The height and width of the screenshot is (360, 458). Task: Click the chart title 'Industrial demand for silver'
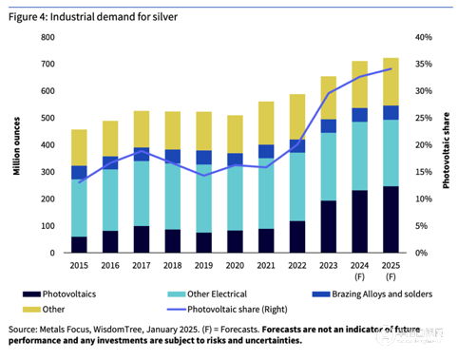point(114,17)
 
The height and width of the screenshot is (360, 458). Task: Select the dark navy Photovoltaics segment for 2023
point(329,227)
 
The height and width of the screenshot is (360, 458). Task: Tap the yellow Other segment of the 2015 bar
point(79,147)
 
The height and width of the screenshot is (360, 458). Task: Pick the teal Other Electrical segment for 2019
point(203,199)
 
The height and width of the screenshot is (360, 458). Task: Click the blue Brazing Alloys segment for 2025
point(391,113)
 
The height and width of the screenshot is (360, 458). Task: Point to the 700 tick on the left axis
point(48,64)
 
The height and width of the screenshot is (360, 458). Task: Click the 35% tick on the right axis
point(424,64)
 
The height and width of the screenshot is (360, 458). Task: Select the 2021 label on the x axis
point(266,265)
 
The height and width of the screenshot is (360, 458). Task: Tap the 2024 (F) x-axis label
point(359,271)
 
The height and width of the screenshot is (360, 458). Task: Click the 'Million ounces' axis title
point(16,146)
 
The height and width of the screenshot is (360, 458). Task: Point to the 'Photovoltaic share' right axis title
point(446,150)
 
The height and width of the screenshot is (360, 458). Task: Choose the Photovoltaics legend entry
point(59,294)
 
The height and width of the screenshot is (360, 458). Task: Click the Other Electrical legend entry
point(207,294)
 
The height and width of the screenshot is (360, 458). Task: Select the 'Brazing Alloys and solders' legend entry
point(372,294)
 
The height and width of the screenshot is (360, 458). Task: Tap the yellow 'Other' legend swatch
point(31,310)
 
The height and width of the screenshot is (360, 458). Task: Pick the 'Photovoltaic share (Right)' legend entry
point(227,310)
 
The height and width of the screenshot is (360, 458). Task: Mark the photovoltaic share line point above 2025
point(391,68)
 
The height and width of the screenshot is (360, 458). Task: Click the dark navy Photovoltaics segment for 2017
point(142,239)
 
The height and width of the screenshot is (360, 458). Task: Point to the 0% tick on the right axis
point(421,253)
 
